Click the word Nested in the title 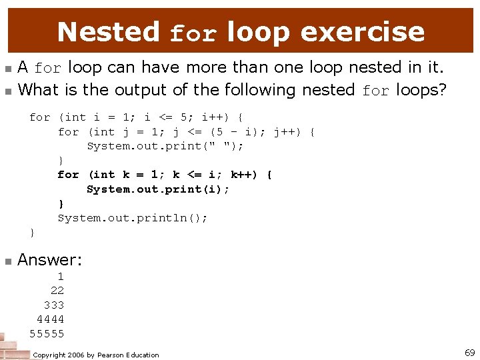(x=109, y=31)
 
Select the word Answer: (x=49, y=260)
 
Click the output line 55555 (x=47, y=333)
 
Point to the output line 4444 (x=50, y=319)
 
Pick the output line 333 (x=54, y=305)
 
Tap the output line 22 (x=57, y=291)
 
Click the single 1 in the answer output (x=61, y=276)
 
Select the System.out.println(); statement (x=133, y=218)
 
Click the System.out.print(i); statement (x=158, y=189)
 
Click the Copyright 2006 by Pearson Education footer (x=96, y=355)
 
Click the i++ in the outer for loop (x=216, y=117)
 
